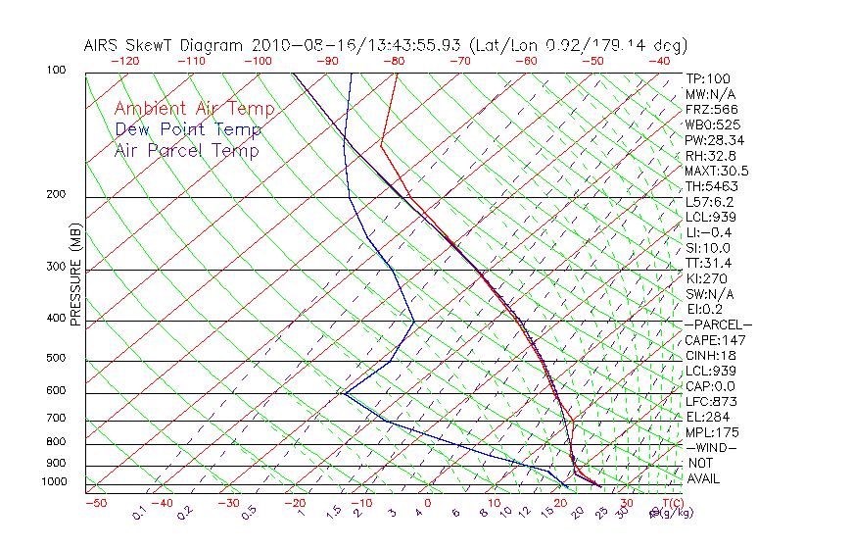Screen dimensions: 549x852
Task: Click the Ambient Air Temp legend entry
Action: pyautogui.click(x=194, y=109)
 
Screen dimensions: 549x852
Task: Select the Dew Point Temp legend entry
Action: pyautogui.click(x=188, y=129)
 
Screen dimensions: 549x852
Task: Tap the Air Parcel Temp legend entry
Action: pyautogui.click(x=187, y=150)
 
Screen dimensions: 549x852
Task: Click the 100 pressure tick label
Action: pyautogui.click(x=56, y=71)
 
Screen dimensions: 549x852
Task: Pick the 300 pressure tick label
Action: pyautogui.click(x=56, y=267)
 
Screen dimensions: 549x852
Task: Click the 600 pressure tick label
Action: pyautogui.click(x=56, y=391)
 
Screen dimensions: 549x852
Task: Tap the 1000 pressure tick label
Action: pyautogui.click(x=53, y=482)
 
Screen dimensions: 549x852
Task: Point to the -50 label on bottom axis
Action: pyautogui.click(x=95, y=504)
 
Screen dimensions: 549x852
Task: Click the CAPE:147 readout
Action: pyautogui.click(x=712, y=340)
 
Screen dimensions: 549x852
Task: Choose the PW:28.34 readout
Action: pyautogui.click(x=715, y=140)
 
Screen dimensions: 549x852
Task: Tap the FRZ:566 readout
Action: pyautogui.click(x=712, y=109)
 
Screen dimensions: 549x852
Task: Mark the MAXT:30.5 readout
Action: pyautogui.click(x=717, y=171)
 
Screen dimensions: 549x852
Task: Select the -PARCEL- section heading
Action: pyautogui.click(x=718, y=324)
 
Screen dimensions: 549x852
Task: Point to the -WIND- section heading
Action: pyautogui.click(x=712, y=448)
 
